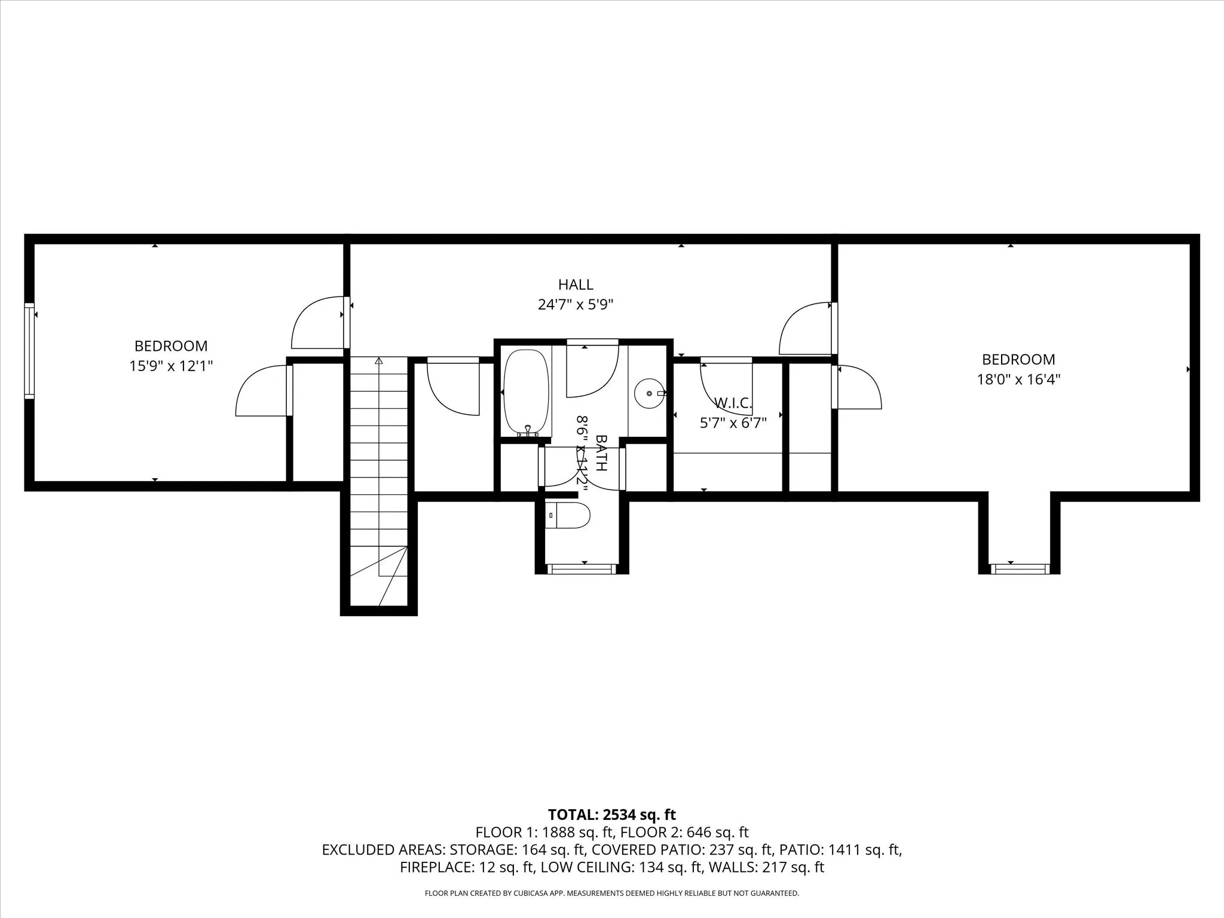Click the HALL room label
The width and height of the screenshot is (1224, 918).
pos(576,284)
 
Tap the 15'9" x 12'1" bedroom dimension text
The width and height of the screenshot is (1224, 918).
pos(171,366)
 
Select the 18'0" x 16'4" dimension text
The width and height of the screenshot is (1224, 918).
pos(1018,380)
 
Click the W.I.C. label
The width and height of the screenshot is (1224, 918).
pos(733,403)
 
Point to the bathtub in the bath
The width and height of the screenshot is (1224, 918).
pos(526,391)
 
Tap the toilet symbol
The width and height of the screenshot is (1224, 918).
pos(568,515)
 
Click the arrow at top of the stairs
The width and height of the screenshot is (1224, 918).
pos(378,361)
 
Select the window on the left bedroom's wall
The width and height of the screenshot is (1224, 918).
pos(29,351)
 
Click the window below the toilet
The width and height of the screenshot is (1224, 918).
pos(582,569)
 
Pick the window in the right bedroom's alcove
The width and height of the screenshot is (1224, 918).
pos(1020,568)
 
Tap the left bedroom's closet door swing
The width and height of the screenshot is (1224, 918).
pos(263,391)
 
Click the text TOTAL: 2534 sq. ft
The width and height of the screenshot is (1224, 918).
pos(611,815)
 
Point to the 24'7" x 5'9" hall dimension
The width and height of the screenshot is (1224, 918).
pos(576,305)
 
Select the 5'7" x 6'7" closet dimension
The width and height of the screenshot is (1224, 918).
pos(733,423)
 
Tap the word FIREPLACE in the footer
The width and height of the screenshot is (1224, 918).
pos(435,867)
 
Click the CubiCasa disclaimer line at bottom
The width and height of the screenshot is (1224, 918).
pos(611,893)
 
